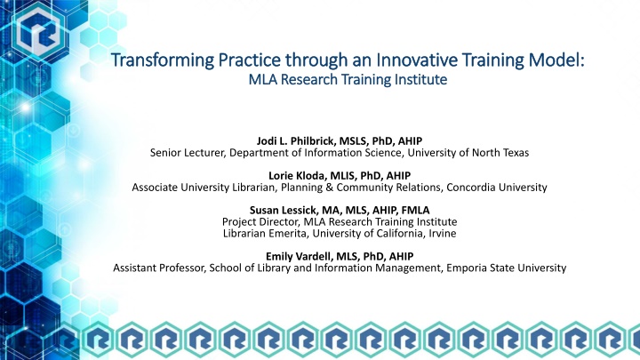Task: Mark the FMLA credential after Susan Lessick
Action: point(400,208)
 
